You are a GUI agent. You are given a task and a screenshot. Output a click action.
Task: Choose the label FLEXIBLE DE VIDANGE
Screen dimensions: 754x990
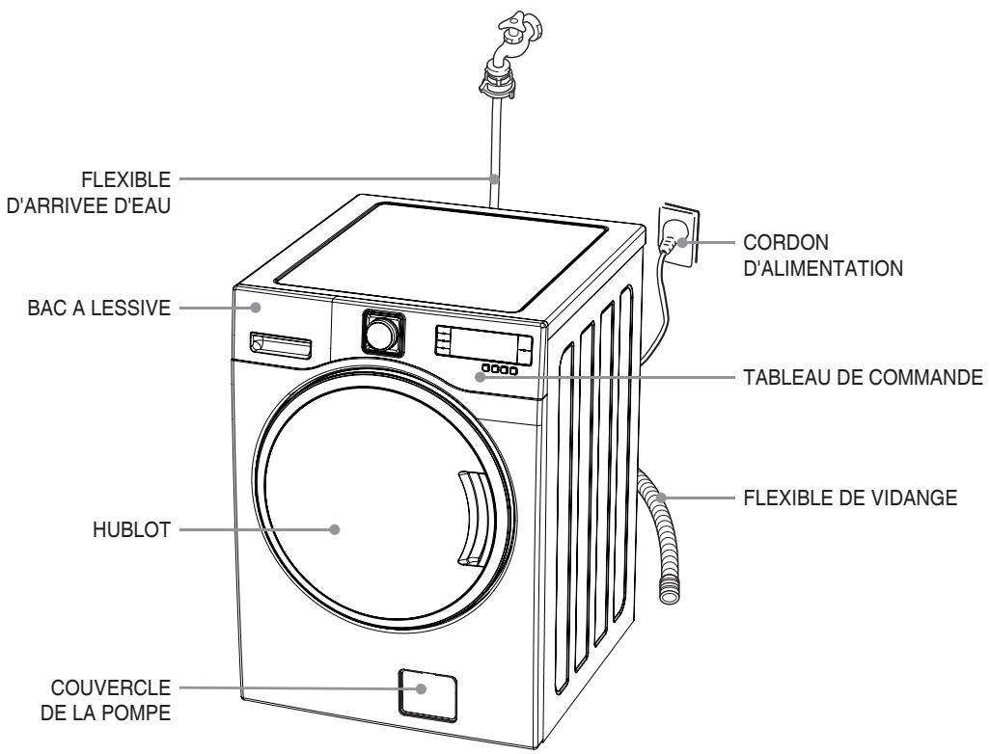pos(850,499)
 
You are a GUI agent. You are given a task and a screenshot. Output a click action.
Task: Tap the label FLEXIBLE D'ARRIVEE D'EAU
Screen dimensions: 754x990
pos(89,191)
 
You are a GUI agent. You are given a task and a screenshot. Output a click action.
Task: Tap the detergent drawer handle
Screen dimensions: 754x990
pos(281,342)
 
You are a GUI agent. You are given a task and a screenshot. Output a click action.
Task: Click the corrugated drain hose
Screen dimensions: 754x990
pos(657,540)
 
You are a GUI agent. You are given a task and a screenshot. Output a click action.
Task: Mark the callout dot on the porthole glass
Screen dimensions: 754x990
pos(335,528)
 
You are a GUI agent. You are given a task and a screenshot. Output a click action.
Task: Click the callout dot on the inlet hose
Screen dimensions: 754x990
pos(494,178)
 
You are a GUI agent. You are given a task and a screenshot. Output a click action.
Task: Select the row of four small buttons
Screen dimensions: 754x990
pos(500,369)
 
